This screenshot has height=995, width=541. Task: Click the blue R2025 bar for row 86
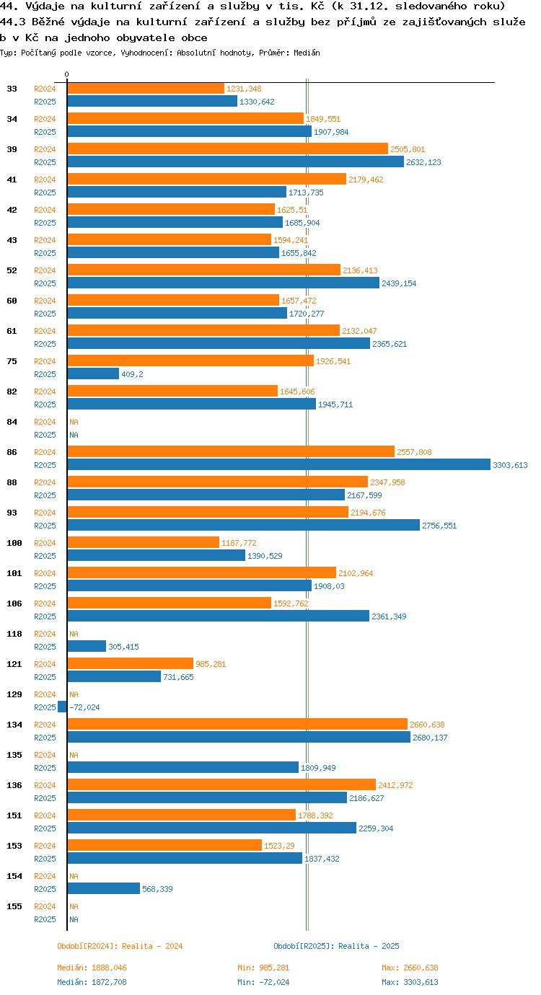pos(278,465)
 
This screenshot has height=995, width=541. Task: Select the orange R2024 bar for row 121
pos(131,664)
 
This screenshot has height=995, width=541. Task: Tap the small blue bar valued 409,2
pos(93,374)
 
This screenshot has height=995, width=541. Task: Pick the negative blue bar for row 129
pos(63,707)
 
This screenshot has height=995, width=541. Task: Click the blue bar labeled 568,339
pos(104,889)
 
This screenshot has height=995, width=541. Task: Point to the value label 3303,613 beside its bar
pos(510,465)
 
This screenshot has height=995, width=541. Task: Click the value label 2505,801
pos(408,149)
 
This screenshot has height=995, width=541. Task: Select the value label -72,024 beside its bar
pos(84,707)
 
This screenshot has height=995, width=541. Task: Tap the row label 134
pos(14,725)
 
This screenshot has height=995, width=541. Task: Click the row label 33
pos(12,89)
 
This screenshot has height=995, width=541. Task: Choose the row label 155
pos(14,906)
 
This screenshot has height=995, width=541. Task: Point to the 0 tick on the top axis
pos(67,74)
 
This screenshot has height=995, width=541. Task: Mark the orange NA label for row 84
pos(74,422)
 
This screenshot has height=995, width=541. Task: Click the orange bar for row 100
pos(144,543)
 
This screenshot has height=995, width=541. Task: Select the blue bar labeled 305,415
pos(87,647)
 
